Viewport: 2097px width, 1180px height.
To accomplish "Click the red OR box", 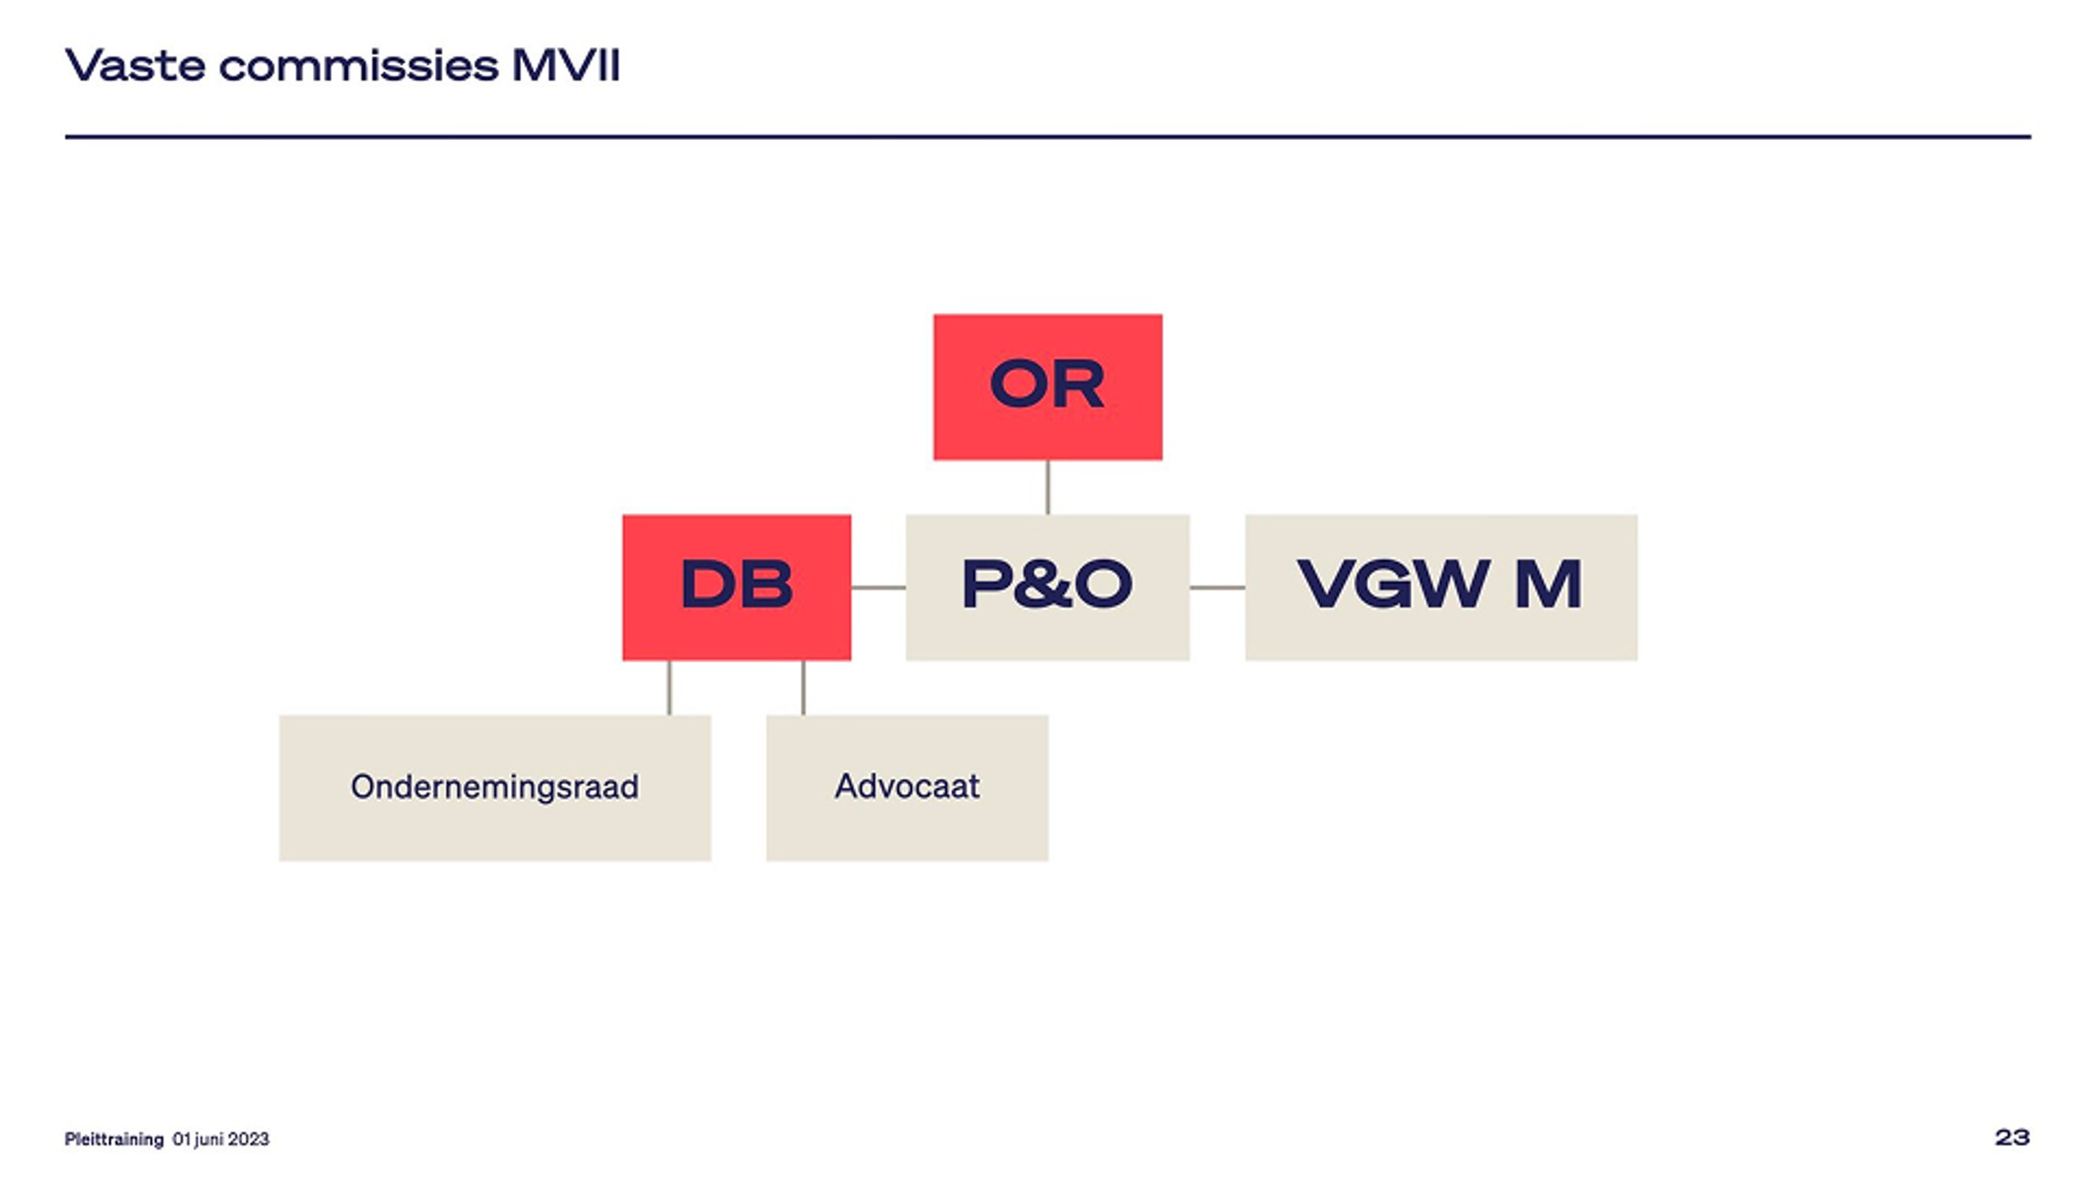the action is (x=1048, y=387).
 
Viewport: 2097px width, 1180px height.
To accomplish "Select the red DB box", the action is (x=736, y=587).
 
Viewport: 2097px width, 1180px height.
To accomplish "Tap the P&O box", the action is (x=1048, y=587).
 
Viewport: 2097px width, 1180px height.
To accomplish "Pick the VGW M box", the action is (x=1441, y=587).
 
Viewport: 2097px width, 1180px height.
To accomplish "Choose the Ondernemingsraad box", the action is (x=495, y=788).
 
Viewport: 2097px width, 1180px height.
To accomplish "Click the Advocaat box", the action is (x=907, y=788).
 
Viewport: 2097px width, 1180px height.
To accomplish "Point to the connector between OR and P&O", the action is (x=1048, y=487).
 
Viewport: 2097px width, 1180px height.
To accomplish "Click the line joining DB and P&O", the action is (x=878, y=587).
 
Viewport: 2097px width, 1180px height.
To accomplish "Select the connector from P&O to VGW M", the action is (x=1217, y=587).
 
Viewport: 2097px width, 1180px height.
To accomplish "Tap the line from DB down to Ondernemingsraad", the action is (x=669, y=688).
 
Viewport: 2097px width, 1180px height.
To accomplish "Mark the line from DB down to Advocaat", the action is (x=804, y=688).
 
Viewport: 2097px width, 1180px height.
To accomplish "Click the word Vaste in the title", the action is (x=135, y=65).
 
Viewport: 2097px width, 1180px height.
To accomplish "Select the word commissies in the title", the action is (x=358, y=65).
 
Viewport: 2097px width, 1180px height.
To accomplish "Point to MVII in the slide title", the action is (x=566, y=65).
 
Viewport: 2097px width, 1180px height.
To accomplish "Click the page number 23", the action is (x=2011, y=1138).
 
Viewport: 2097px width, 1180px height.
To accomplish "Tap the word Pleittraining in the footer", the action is (x=114, y=1139).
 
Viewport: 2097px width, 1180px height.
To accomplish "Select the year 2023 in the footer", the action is (x=248, y=1139).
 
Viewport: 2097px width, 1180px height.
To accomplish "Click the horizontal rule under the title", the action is (x=1048, y=137).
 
